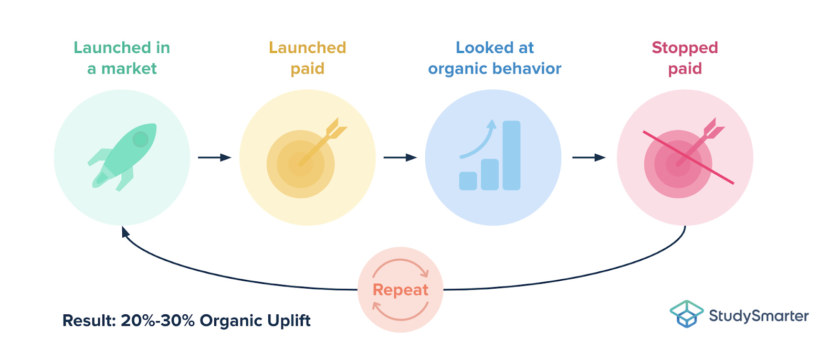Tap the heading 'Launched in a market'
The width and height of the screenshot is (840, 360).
coord(122,58)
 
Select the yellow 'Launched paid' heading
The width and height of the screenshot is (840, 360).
coord(307,58)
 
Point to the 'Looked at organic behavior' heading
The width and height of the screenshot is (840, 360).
coord(495,58)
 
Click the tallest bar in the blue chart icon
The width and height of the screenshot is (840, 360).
coord(511,155)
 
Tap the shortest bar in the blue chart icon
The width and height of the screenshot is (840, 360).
coord(468,181)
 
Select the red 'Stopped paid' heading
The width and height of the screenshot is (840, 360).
coord(685,58)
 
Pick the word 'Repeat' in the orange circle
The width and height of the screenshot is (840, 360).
coord(401,290)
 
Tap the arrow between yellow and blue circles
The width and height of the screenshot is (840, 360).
coord(400,157)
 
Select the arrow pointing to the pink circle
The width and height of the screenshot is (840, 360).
coord(589,157)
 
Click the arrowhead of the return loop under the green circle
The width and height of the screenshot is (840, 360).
coord(125,232)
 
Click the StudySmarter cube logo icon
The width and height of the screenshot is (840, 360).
coord(686,313)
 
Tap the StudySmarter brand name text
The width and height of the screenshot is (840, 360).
coord(759,315)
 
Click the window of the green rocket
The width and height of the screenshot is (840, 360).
coord(140,139)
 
